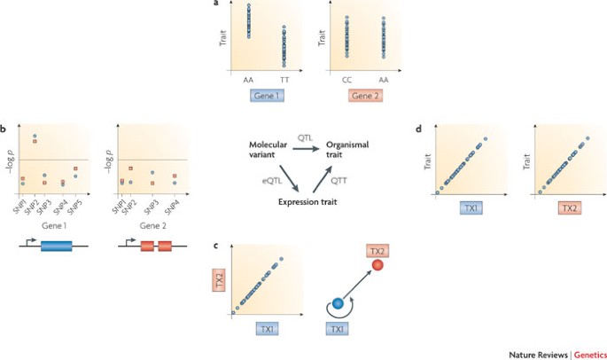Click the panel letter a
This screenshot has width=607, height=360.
tap(217, 4)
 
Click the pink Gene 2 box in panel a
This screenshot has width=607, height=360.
tap(362, 94)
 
